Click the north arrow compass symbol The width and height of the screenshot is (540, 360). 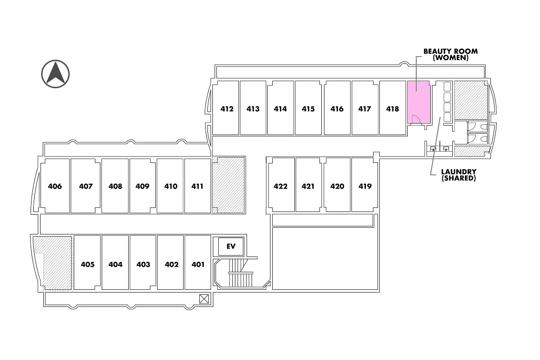click(x=56, y=73)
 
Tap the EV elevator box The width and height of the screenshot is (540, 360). click(x=231, y=246)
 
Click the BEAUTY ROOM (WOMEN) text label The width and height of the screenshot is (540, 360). click(x=450, y=54)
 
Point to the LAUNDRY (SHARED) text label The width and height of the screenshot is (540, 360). click(x=459, y=175)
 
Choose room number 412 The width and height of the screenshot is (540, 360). click(x=227, y=109)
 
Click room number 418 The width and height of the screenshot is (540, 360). click(x=392, y=109)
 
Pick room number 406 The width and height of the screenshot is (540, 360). click(x=55, y=186)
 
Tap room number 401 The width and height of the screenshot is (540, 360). click(x=198, y=265)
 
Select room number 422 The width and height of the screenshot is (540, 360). click(x=280, y=186)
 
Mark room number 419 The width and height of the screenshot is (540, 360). click(x=365, y=186)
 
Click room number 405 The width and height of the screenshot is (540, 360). click(x=88, y=265)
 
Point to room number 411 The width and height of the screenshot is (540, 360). click(x=198, y=186)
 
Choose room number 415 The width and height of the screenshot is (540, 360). click(x=308, y=109)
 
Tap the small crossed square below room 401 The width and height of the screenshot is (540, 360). click(x=204, y=298)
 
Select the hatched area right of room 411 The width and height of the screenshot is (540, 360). click(x=229, y=184)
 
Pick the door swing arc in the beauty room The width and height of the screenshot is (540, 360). click(x=416, y=119)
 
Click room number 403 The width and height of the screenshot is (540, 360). click(x=143, y=265)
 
